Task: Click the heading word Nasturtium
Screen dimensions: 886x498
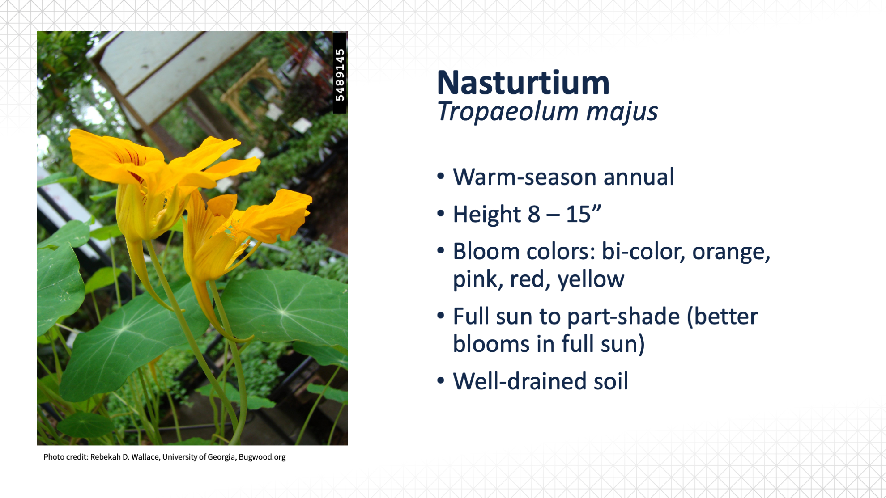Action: click(523, 83)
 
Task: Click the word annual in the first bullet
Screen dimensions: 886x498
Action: click(639, 177)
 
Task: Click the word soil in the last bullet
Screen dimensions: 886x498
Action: click(611, 381)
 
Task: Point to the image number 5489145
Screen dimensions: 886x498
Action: click(340, 75)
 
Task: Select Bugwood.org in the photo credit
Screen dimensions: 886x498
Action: click(262, 457)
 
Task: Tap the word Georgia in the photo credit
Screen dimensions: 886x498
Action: click(221, 457)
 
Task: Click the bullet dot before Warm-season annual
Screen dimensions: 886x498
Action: click(441, 176)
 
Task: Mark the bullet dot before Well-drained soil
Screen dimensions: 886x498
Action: click(441, 381)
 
